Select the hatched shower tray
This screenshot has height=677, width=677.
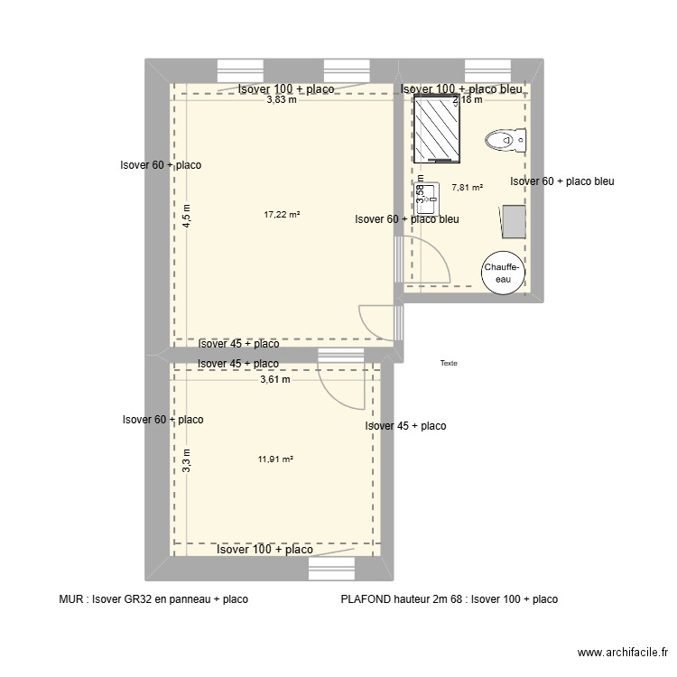(x=438, y=129)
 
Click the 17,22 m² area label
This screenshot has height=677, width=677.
(x=282, y=215)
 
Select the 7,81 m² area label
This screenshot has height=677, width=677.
(x=467, y=188)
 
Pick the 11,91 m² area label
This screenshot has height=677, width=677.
(x=275, y=459)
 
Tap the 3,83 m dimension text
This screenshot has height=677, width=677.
(x=281, y=100)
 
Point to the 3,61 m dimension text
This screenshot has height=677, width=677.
(x=275, y=380)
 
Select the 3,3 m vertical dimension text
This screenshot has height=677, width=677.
(x=187, y=460)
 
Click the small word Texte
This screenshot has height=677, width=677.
(x=449, y=363)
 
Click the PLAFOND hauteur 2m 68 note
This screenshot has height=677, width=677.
(x=449, y=598)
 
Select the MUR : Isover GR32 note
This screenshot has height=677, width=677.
(x=153, y=598)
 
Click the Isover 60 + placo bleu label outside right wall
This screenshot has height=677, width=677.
(x=561, y=181)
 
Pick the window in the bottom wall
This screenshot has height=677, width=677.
(x=333, y=569)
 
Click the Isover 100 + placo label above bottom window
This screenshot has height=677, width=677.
(x=264, y=549)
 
